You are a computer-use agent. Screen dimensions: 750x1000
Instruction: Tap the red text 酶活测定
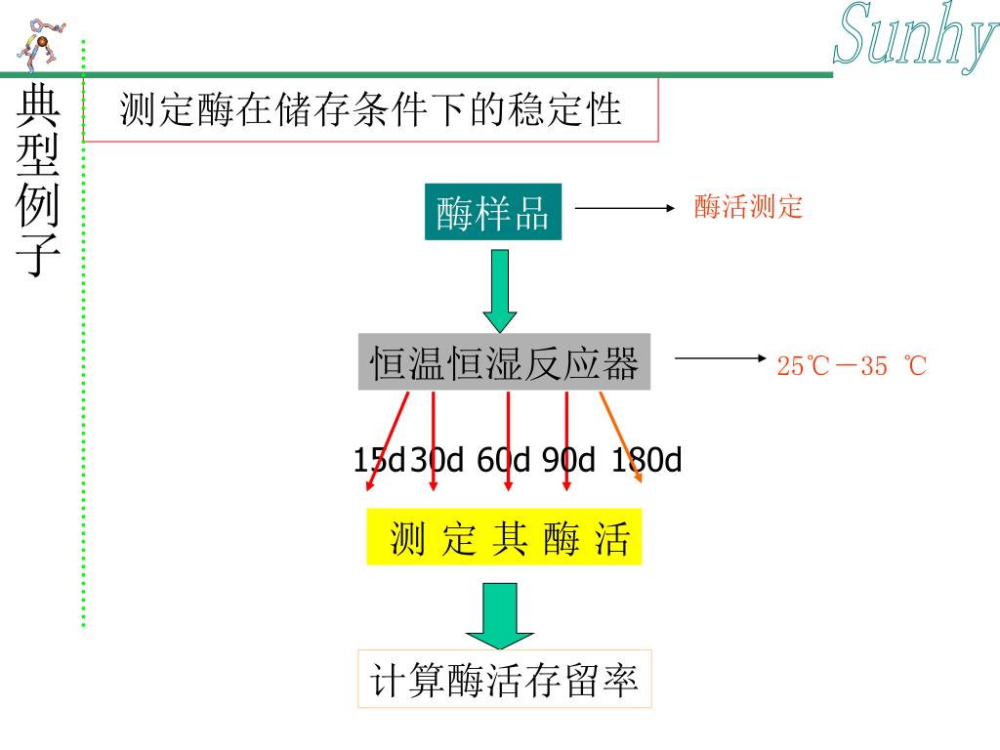coord(748,207)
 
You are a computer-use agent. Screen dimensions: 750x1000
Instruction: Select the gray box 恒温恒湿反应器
coord(504,364)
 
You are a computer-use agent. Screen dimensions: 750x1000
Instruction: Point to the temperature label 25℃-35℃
coord(851,366)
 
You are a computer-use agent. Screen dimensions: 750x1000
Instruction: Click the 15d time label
coord(379,459)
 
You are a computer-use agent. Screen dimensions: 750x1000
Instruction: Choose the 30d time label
coord(437,459)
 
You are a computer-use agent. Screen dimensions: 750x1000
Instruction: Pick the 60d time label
coord(503,459)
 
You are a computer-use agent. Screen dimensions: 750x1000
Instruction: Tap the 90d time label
coord(568,459)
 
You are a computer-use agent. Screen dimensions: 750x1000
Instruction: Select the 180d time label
coord(646,459)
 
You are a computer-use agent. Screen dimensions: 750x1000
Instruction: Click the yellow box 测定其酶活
coord(504,537)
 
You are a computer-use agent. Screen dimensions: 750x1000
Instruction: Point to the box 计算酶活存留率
coord(504,680)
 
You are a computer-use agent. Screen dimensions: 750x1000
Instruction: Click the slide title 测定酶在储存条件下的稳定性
coord(370,109)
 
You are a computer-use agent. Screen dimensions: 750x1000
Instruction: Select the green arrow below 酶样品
coord(500,289)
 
